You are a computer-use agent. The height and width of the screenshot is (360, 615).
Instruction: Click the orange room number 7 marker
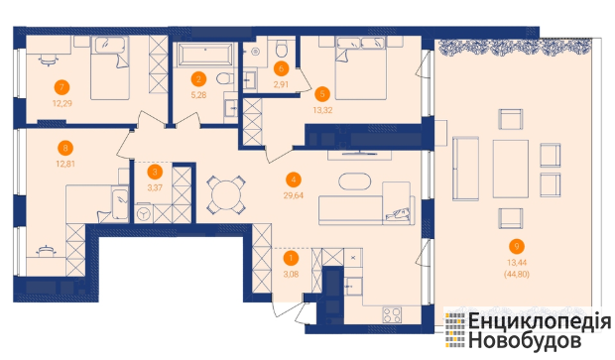coord(61,87)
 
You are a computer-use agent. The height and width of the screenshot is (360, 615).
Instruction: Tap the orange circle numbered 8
coord(65,148)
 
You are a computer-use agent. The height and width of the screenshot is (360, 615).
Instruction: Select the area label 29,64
coord(294,195)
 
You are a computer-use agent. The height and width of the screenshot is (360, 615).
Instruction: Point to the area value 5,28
coord(198,95)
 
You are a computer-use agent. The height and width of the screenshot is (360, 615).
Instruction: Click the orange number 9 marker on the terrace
coord(517,246)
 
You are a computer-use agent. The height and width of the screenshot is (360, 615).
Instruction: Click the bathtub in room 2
coord(205,55)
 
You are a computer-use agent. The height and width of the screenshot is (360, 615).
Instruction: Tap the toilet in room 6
coord(282,49)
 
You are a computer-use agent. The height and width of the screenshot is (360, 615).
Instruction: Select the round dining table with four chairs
coord(226,195)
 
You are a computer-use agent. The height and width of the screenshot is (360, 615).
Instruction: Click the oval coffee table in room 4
coord(354,181)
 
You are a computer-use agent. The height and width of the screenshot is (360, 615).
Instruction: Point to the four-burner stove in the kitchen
coord(392,314)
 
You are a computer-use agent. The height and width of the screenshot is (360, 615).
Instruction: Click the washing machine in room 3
coord(144,214)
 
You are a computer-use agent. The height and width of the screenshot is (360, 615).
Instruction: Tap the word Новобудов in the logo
coord(525,340)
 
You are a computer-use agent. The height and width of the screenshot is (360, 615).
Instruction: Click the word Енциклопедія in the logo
coord(540,321)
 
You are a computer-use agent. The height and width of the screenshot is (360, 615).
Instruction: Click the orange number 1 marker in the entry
coord(291,258)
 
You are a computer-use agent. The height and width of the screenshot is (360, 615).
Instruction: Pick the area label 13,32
coord(322,111)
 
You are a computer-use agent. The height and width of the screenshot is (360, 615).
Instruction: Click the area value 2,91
coord(282,84)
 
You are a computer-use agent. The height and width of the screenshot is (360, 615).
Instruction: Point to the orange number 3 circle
coord(155,172)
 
